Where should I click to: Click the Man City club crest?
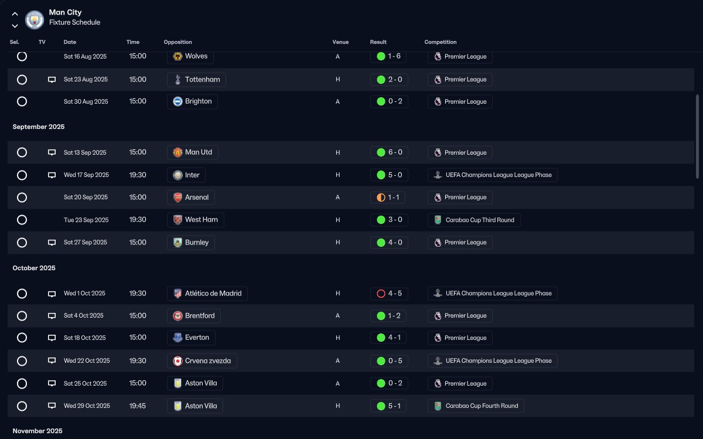[35, 20]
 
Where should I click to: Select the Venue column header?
[340, 42]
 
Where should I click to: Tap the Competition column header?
[441, 42]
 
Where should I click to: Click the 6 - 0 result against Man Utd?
[395, 152]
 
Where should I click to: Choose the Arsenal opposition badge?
[178, 198]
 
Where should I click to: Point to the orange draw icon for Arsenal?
[381, 198]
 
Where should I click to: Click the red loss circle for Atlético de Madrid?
[381, 294]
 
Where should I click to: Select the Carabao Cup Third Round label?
[480, 220]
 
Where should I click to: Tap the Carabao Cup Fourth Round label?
[482, 406]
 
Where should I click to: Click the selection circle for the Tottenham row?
[22, 80]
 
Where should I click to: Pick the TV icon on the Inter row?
[52, 175]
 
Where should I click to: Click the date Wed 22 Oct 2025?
[87, 361]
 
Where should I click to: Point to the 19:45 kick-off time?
[138, 406]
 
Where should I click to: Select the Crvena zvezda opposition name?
[208, 361]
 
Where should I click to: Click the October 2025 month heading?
[34, 268]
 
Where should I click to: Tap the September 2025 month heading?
[39, 127]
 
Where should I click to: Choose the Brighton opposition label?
[192, 101]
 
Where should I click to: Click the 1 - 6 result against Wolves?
[394, 56]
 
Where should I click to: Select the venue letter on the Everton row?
[337, 338]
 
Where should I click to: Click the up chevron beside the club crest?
[15, 14]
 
